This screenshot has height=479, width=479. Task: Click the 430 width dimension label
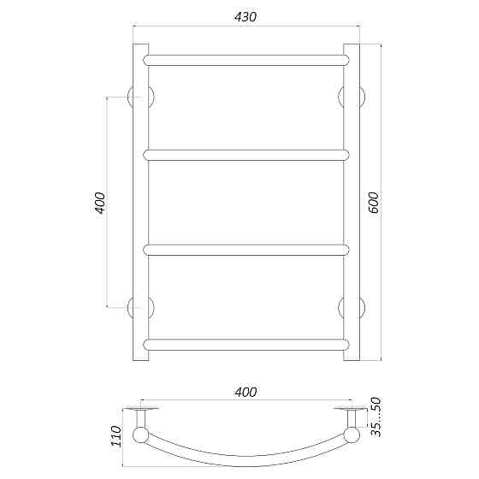pyautogui.click(x=245, y=17)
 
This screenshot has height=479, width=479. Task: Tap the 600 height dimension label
pyautogui.click(x=374, y=203)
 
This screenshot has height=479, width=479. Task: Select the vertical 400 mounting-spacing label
pyautogui.click(x=100, y=203)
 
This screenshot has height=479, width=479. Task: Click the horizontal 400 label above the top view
pyautogui.click(x=245, y=392)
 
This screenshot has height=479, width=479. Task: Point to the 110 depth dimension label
pyautogui.click(x=116, y=436)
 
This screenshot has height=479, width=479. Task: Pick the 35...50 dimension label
pyautogui.click(x=376, y=417)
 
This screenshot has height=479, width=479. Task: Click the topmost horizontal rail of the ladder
pyautogui.click(x=246, y=61)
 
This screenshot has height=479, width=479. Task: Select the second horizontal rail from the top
pyautogui.click(x=246, y=155)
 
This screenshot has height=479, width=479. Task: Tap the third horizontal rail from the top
pyautogui.click(x=246, y=250)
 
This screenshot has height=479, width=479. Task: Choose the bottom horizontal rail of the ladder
pyautogui.click(x=246, y=345)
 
